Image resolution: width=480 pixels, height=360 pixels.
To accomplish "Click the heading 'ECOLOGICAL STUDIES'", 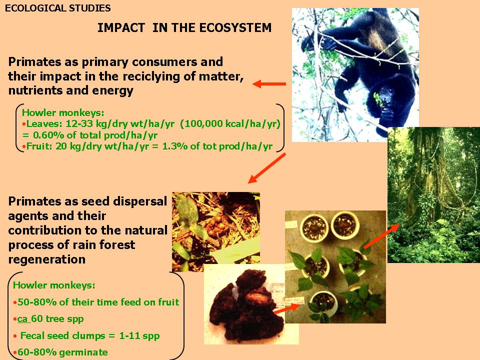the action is click(58, 8).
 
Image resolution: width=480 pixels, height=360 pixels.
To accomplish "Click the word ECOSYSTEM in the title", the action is click(235, 28).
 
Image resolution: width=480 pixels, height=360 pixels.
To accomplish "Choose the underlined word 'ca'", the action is click(22, 319).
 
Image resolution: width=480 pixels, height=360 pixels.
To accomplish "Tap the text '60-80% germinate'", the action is click(62, 352).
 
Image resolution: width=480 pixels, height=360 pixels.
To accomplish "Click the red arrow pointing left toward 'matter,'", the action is click(269, 83).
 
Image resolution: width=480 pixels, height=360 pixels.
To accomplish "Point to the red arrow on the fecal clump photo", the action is click(286, 308).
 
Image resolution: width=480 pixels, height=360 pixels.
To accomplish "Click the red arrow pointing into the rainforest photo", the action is click(381, 236).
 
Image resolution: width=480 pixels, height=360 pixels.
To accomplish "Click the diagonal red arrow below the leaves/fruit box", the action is click(266, 168).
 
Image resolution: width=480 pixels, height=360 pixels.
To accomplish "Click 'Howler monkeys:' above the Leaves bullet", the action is click(63, 112).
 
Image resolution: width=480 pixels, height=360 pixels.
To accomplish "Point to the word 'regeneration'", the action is click(47, 259).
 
